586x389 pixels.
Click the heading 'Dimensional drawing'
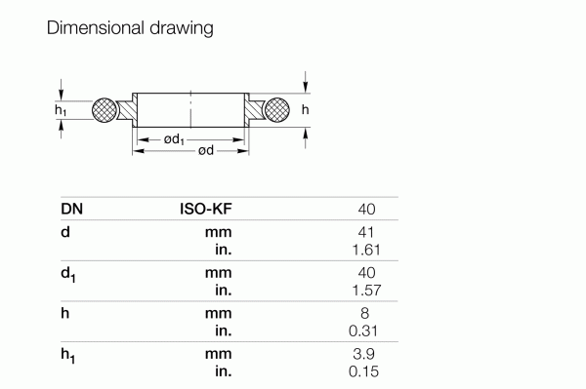coord(130,28)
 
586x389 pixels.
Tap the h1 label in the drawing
coord(61,111)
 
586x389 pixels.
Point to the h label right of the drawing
coord(305,110)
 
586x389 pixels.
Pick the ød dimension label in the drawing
coord(206,151)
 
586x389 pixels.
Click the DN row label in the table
coord(71,209)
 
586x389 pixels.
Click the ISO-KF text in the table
coord(205,209)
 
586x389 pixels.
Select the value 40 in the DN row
coord(366,209)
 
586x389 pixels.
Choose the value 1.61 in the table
coord(363,250)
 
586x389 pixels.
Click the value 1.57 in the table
coord(363,291)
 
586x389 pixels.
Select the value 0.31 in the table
coord(363,331)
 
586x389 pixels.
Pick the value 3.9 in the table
coord(365,355)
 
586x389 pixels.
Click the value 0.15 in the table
coord(363,371)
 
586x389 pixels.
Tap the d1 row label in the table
coord(68,275)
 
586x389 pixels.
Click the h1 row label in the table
coord(68,357)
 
